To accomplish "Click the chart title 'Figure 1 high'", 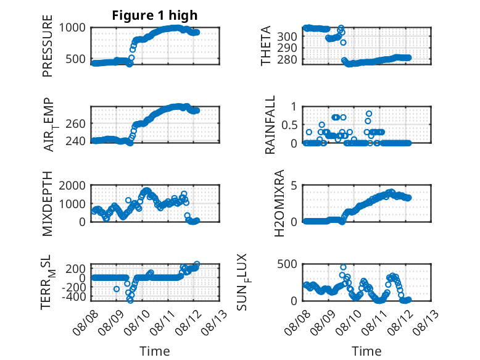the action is point(155,15).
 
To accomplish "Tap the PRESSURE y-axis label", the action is point(48,46).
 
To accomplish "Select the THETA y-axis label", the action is point(266,46).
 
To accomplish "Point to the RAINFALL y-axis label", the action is point(270,125).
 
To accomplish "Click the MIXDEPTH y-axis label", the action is point(48,203).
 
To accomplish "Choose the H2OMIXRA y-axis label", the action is point(279,203).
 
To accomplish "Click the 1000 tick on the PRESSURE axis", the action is point(72,28).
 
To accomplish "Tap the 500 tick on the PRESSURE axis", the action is point(75,59).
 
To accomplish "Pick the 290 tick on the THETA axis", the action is point(287,48).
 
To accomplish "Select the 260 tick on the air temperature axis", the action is point(75,124).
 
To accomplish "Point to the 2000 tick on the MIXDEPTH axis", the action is point(72,185).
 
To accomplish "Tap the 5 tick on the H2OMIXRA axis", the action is point(294,185).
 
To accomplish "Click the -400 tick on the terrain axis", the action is point(73,296).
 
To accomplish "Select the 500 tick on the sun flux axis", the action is point(287,264).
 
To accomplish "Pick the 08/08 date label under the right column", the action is point(297,322).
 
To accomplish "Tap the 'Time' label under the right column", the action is point(366,351).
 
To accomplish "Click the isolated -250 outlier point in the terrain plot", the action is point(117,289).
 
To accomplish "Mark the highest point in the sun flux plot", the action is point(343,267).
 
